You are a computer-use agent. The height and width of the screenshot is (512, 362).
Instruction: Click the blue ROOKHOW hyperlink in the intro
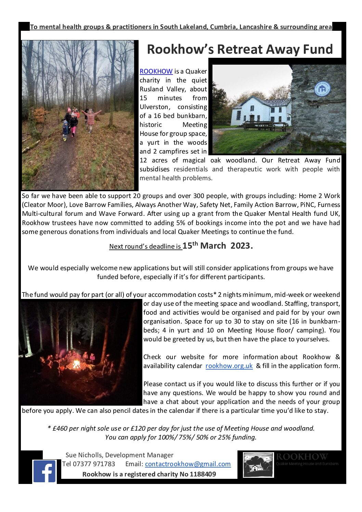(x=156, y=71)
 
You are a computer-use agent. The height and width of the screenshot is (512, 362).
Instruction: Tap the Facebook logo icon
(x=44, y=471)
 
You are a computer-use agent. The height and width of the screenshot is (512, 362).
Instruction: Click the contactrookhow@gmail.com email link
(x=188, y=464)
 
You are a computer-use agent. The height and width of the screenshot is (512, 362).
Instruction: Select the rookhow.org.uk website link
(x=229, y=366)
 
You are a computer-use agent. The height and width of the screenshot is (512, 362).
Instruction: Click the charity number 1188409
(x=203, y=474)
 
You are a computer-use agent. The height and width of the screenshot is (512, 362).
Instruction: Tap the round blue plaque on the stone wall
(x=322, y=89)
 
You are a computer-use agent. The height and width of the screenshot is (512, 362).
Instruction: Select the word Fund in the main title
(x=318, y=49)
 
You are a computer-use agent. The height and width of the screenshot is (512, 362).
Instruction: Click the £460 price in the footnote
(x=60, y=428)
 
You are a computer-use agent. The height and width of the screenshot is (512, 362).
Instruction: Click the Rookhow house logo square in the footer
(x=258, y=464)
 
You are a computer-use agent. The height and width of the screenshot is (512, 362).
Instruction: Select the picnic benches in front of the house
(x=265, y=126)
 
